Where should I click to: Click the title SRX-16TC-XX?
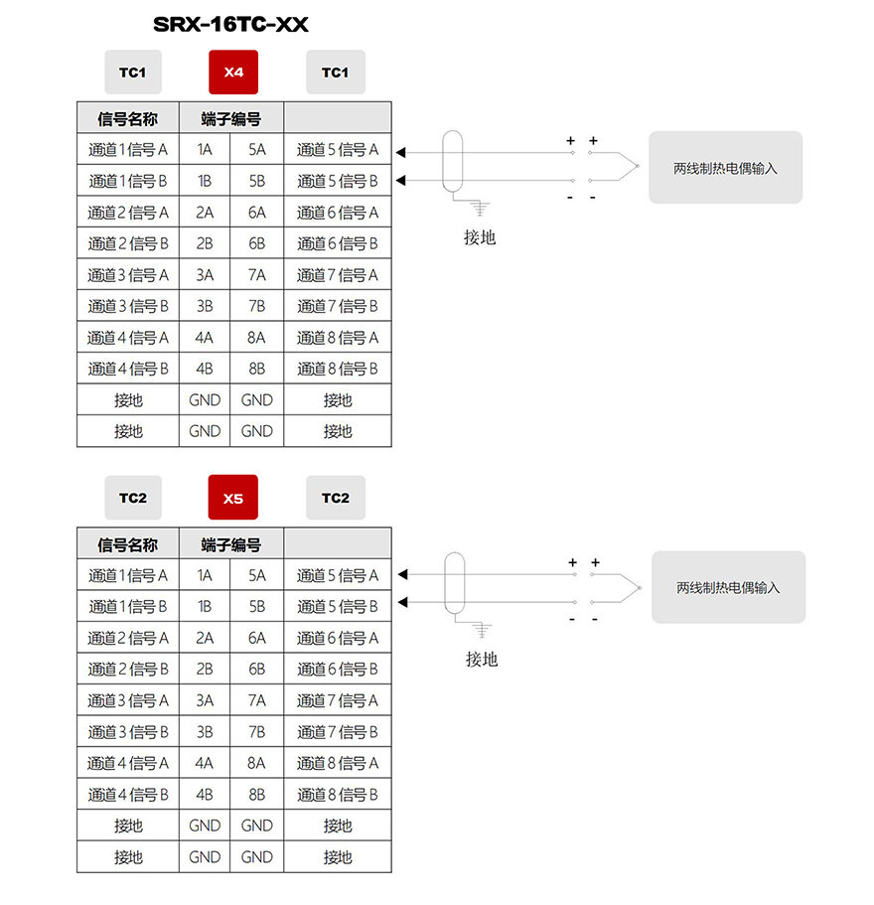click(x=230, y=24)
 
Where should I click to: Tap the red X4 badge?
click(x=233, y=73)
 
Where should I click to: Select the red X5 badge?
click(x=233, y=498)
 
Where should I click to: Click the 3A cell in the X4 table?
click(x=205, y=275)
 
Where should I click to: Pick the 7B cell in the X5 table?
click(x=256, y=732)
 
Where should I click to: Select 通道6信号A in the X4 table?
click(x=338, y=213)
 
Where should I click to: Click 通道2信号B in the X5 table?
click(x=128, y=669)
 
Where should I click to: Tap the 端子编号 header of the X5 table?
click(x=230, y=544)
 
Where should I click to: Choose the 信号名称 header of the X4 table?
click(x=127, y=119)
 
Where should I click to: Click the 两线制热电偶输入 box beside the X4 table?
click(x=726, y=167)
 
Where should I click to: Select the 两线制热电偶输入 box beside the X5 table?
click(x=729, y=587)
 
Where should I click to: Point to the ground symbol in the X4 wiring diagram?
click(x=480, y=209)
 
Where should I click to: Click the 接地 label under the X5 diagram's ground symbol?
click(x=482, y=659)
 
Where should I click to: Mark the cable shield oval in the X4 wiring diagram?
click(x=453, y=162)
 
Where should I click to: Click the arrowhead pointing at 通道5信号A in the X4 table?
click(x=401, y=152)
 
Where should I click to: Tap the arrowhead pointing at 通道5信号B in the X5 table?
click(x=403, y=602)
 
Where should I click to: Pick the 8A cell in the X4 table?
click(x=256, y=337)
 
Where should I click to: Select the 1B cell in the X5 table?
click(x=205, y=606)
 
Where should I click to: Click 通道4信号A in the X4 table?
click(x=128, y=337)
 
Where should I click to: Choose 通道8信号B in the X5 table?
click(x=338, y=794)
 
